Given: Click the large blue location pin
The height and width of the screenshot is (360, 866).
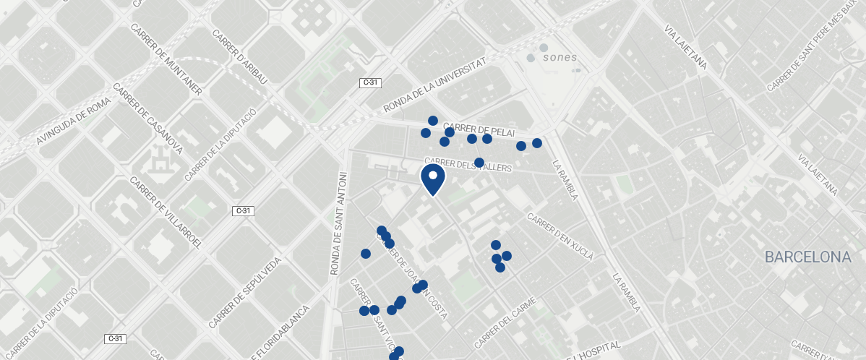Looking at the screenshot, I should [x=432, y=179].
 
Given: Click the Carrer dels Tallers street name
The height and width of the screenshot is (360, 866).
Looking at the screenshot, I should [x=468, y=165].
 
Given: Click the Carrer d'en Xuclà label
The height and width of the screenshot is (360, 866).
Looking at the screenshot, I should [x=561, y=236].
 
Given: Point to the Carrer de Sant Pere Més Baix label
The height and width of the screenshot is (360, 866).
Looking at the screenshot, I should [x=812, y=46].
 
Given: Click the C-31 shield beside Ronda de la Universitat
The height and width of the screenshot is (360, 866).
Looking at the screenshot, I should [x=369, y=83].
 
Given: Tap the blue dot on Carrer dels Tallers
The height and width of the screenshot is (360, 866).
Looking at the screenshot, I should [x=479, y=163].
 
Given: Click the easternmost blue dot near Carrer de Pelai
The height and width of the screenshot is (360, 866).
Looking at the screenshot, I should [x=537, y=143].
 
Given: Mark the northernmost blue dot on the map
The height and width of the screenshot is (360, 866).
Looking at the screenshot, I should [x=433, y=121].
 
